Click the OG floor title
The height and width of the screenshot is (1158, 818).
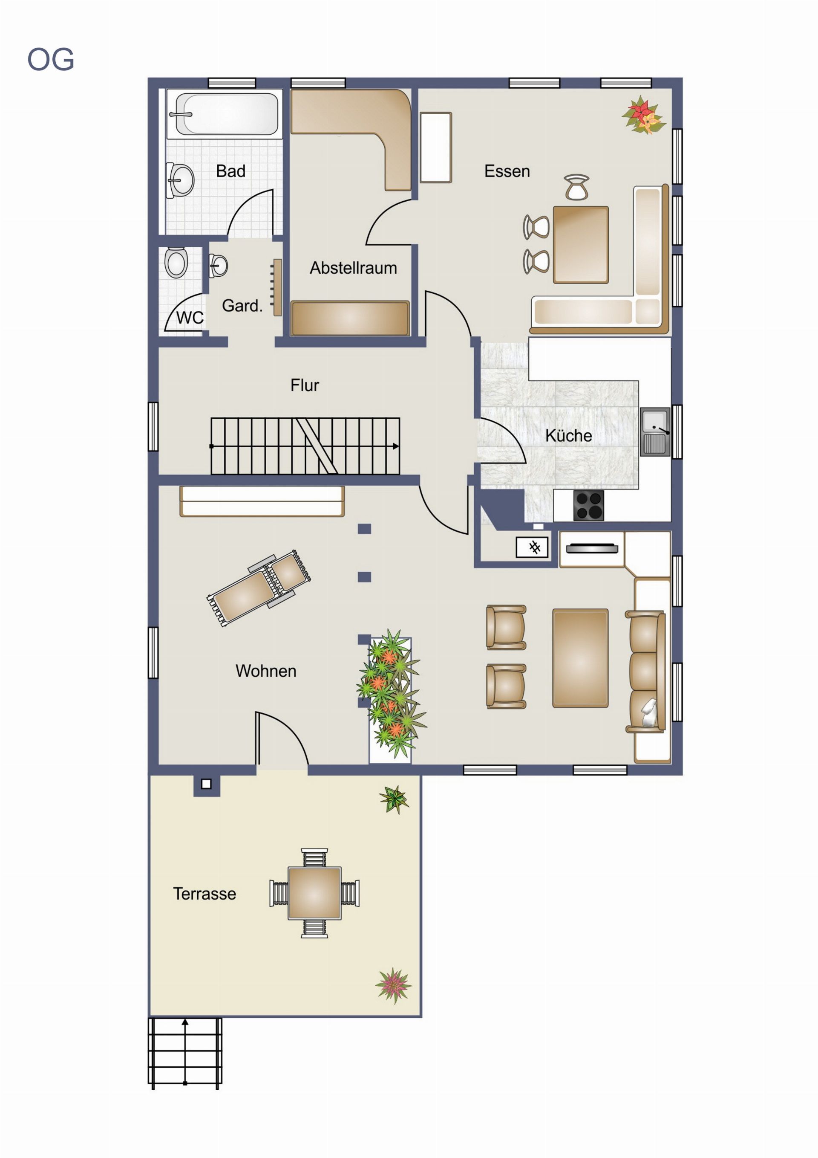(x=50, y=60)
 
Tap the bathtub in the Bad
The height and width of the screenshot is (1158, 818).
(x=224, y=114)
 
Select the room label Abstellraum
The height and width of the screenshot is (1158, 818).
(x=353, y=268)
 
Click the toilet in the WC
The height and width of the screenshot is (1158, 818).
(x=176, y=262)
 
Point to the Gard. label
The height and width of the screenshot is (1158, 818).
(x=242, y=306)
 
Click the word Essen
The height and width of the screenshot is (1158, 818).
(x=507, y=171)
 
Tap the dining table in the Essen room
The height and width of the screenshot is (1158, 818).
(x=581, y=245)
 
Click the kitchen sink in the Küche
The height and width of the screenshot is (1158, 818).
(x=655, y=432)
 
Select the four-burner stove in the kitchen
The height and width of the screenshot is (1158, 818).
(x=589, y=505)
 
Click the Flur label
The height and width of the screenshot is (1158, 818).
(x=305, y=385)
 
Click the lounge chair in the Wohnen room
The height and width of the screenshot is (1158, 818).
(x=259, y=588)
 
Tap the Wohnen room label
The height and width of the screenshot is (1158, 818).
(x=265, y=671)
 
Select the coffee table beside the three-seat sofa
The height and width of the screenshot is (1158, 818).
(x=580, y=658)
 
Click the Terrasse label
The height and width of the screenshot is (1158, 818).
(x=204, y=894)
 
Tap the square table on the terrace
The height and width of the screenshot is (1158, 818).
(x=314, y=893)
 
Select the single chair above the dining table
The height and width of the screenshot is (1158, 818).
(x=576, y=187)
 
